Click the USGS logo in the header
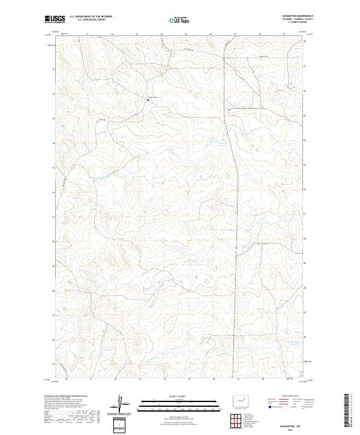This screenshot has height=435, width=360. [55, 19]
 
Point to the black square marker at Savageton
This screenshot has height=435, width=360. [149, 100]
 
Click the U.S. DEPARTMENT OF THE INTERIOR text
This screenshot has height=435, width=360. [90, 16]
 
